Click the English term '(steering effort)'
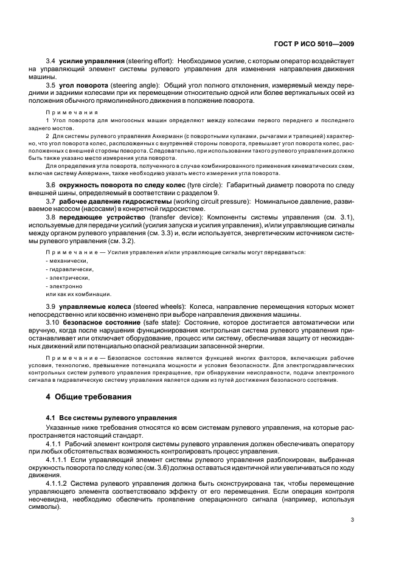click(151, 62)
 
